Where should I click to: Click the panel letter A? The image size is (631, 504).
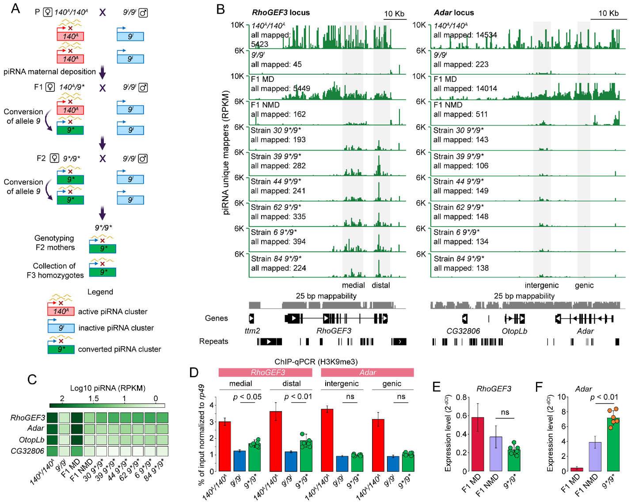click(x=15, y=8)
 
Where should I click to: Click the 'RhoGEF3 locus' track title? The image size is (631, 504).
click(x=281, y=12)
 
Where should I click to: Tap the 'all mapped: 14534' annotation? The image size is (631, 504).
click(x=465, y=35)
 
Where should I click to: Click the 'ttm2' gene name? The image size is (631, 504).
click(x=252, y=331)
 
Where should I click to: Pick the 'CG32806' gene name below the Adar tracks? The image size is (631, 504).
click(x=463, y=331)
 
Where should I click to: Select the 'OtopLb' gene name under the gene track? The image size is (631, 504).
click(x=514, y=331)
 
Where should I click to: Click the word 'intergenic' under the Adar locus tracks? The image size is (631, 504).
click(x=541, y=285)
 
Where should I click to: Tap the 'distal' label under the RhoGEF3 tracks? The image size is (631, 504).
click(x=380, y=285)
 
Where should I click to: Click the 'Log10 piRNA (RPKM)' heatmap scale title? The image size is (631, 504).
click(x=108, y=388)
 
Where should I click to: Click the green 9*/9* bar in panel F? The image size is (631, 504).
click(x=613, y=444)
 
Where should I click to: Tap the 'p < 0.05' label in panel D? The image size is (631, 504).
click(x=247, y=397)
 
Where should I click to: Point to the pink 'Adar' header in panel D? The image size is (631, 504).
click(x=367, y=372)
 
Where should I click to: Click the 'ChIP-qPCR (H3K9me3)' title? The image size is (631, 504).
click(x=316, y=362)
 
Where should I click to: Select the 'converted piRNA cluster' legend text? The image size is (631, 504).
click(x=119, y=349)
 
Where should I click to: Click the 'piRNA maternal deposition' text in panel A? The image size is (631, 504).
click(x=49, y=72)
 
